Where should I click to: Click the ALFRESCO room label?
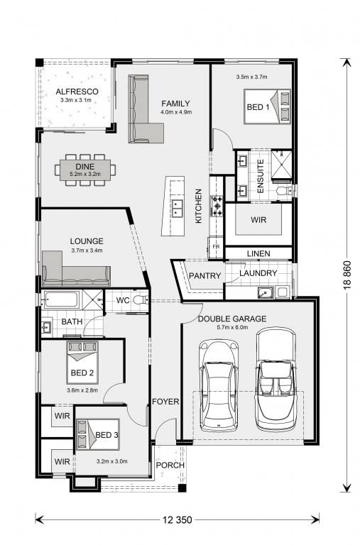77,92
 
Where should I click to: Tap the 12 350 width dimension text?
177,520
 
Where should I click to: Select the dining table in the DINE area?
85,170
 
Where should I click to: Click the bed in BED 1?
267,106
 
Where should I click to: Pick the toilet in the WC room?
141,299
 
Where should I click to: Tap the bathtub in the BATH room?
60,299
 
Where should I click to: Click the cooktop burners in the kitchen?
217,206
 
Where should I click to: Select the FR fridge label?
216,246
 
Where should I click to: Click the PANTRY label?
205,275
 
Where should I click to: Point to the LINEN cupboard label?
258,253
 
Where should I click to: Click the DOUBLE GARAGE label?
232,319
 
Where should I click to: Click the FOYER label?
165,402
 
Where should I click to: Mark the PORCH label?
170,465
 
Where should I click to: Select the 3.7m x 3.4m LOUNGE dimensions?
87,251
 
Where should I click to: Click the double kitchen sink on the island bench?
178,208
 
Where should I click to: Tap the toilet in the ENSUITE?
285,190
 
